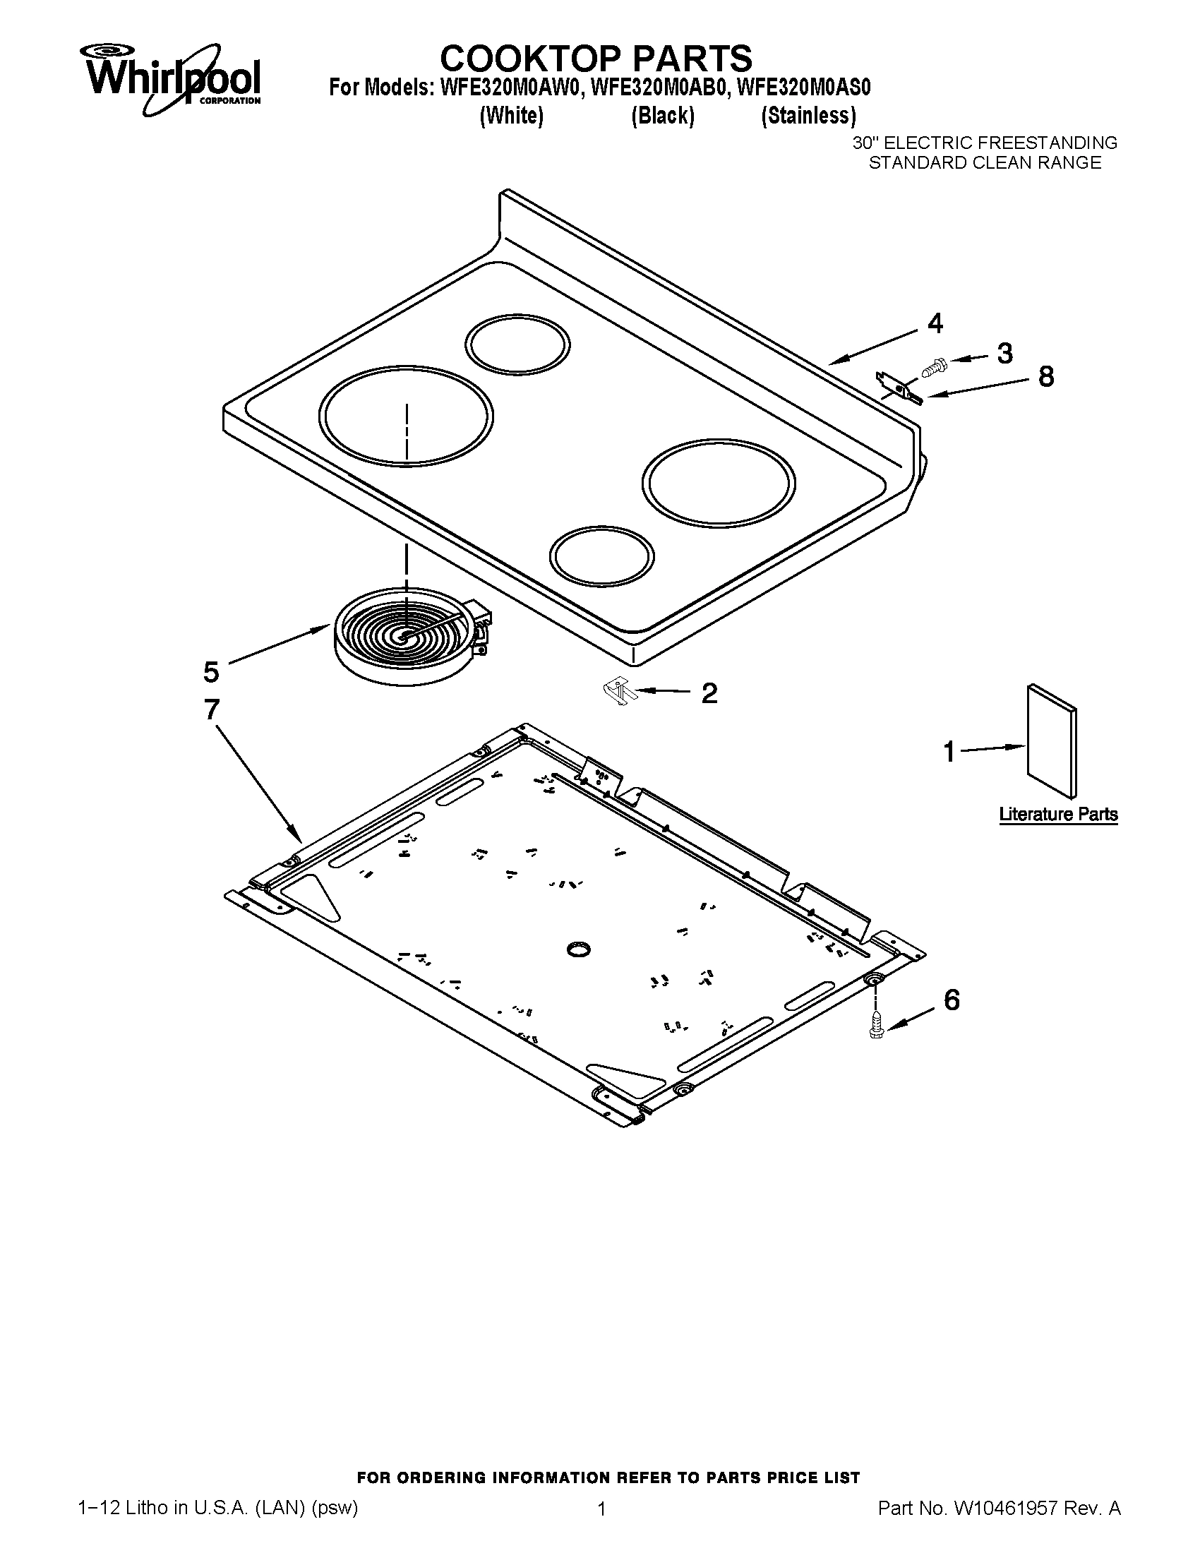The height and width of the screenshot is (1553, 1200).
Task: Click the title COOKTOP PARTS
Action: tap(596, 58)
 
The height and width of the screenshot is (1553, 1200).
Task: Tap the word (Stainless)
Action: tap(808, 115)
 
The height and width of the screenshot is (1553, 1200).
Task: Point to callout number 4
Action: tap(935, 323)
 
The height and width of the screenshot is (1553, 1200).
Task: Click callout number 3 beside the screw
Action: tap(1004, 354)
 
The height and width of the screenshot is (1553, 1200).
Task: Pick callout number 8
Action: tap(1045, 376)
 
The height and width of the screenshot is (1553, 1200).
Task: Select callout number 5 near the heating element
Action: tap(211, 671)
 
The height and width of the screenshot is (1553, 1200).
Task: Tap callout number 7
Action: tap(211, 709)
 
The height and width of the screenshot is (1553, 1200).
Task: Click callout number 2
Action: tap(709, 692)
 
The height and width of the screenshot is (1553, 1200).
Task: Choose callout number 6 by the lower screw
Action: tap(952, 1000)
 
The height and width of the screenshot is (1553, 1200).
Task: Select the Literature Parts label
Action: tap(1058, 814)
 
